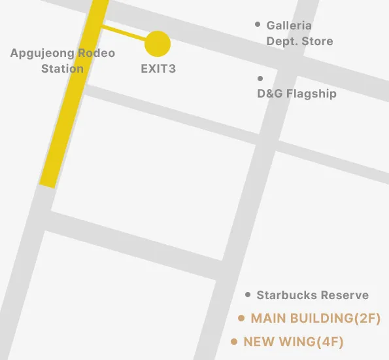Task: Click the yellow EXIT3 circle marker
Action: click(158, 44)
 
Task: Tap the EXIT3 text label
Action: click(158, 68)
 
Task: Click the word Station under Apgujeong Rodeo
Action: click(62, 68)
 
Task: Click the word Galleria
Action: click(289, 26)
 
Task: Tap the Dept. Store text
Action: click(299, 41)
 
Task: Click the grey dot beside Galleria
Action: click(258, 25)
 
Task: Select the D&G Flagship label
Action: click(297, 94)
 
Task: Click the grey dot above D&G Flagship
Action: click(260, 79)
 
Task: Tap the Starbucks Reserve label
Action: click(313, 295)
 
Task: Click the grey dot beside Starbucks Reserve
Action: click(248, 295)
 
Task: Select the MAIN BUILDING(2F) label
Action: click(316, 318)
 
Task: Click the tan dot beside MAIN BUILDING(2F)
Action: click(241, 318)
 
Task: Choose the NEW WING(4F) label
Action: click(294, 342)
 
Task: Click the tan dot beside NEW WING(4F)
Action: click(234, 342)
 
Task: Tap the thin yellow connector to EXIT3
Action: click(124, 34)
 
